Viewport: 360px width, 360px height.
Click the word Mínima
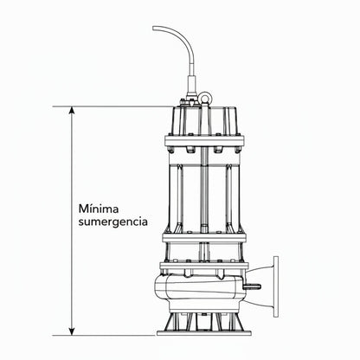click(100, 208)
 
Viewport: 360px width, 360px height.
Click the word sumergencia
click(112, 222)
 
